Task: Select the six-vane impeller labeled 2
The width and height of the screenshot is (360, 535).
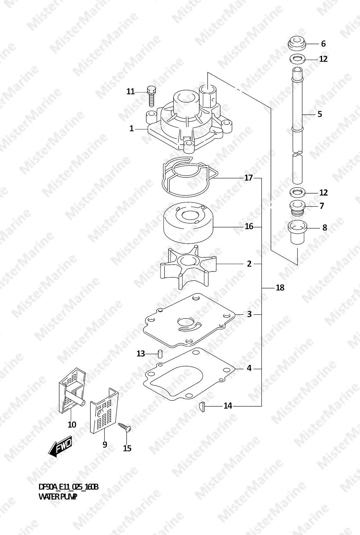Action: tap(188, 267)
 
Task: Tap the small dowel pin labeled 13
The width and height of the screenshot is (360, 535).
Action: tap(160, 354)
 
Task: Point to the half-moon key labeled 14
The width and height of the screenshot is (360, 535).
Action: tap(201, 406)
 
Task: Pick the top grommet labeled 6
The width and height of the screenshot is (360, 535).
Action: tap(297, 44)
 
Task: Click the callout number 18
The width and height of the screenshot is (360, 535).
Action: tap(280, 288)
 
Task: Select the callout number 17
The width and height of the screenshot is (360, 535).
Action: tap(249, 178)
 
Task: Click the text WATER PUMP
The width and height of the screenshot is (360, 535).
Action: tap(58, 497)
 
